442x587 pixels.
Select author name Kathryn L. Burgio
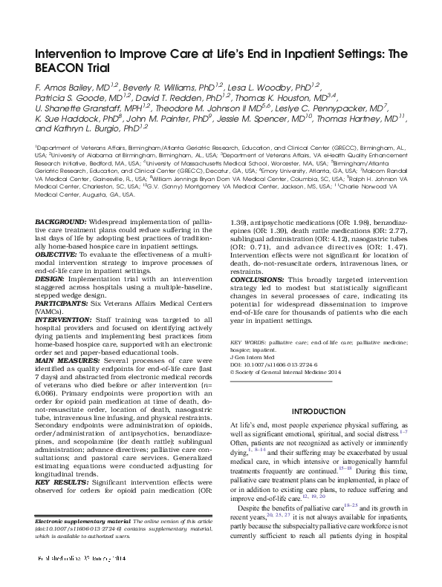[x=88, y=128]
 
